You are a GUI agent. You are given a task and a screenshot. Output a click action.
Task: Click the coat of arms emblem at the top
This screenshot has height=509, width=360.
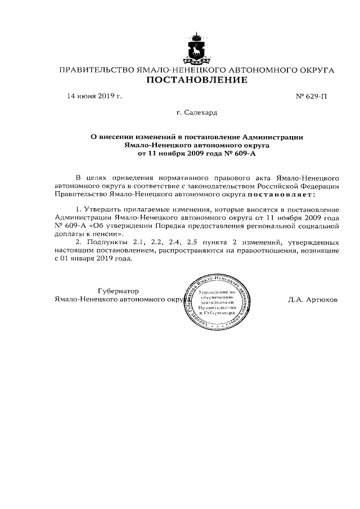[x=197, y=49]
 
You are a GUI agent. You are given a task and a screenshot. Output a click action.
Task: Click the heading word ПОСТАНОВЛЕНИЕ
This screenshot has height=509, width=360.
[x=196, y=80]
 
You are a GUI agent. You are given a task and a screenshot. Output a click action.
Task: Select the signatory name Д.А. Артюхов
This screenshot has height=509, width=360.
[x=313, y=300]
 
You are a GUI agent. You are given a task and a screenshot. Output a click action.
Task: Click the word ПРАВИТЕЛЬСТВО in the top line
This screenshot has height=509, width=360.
[x=96, y=70]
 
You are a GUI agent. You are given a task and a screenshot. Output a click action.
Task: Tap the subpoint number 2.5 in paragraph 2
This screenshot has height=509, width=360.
[x=192, y=241]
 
